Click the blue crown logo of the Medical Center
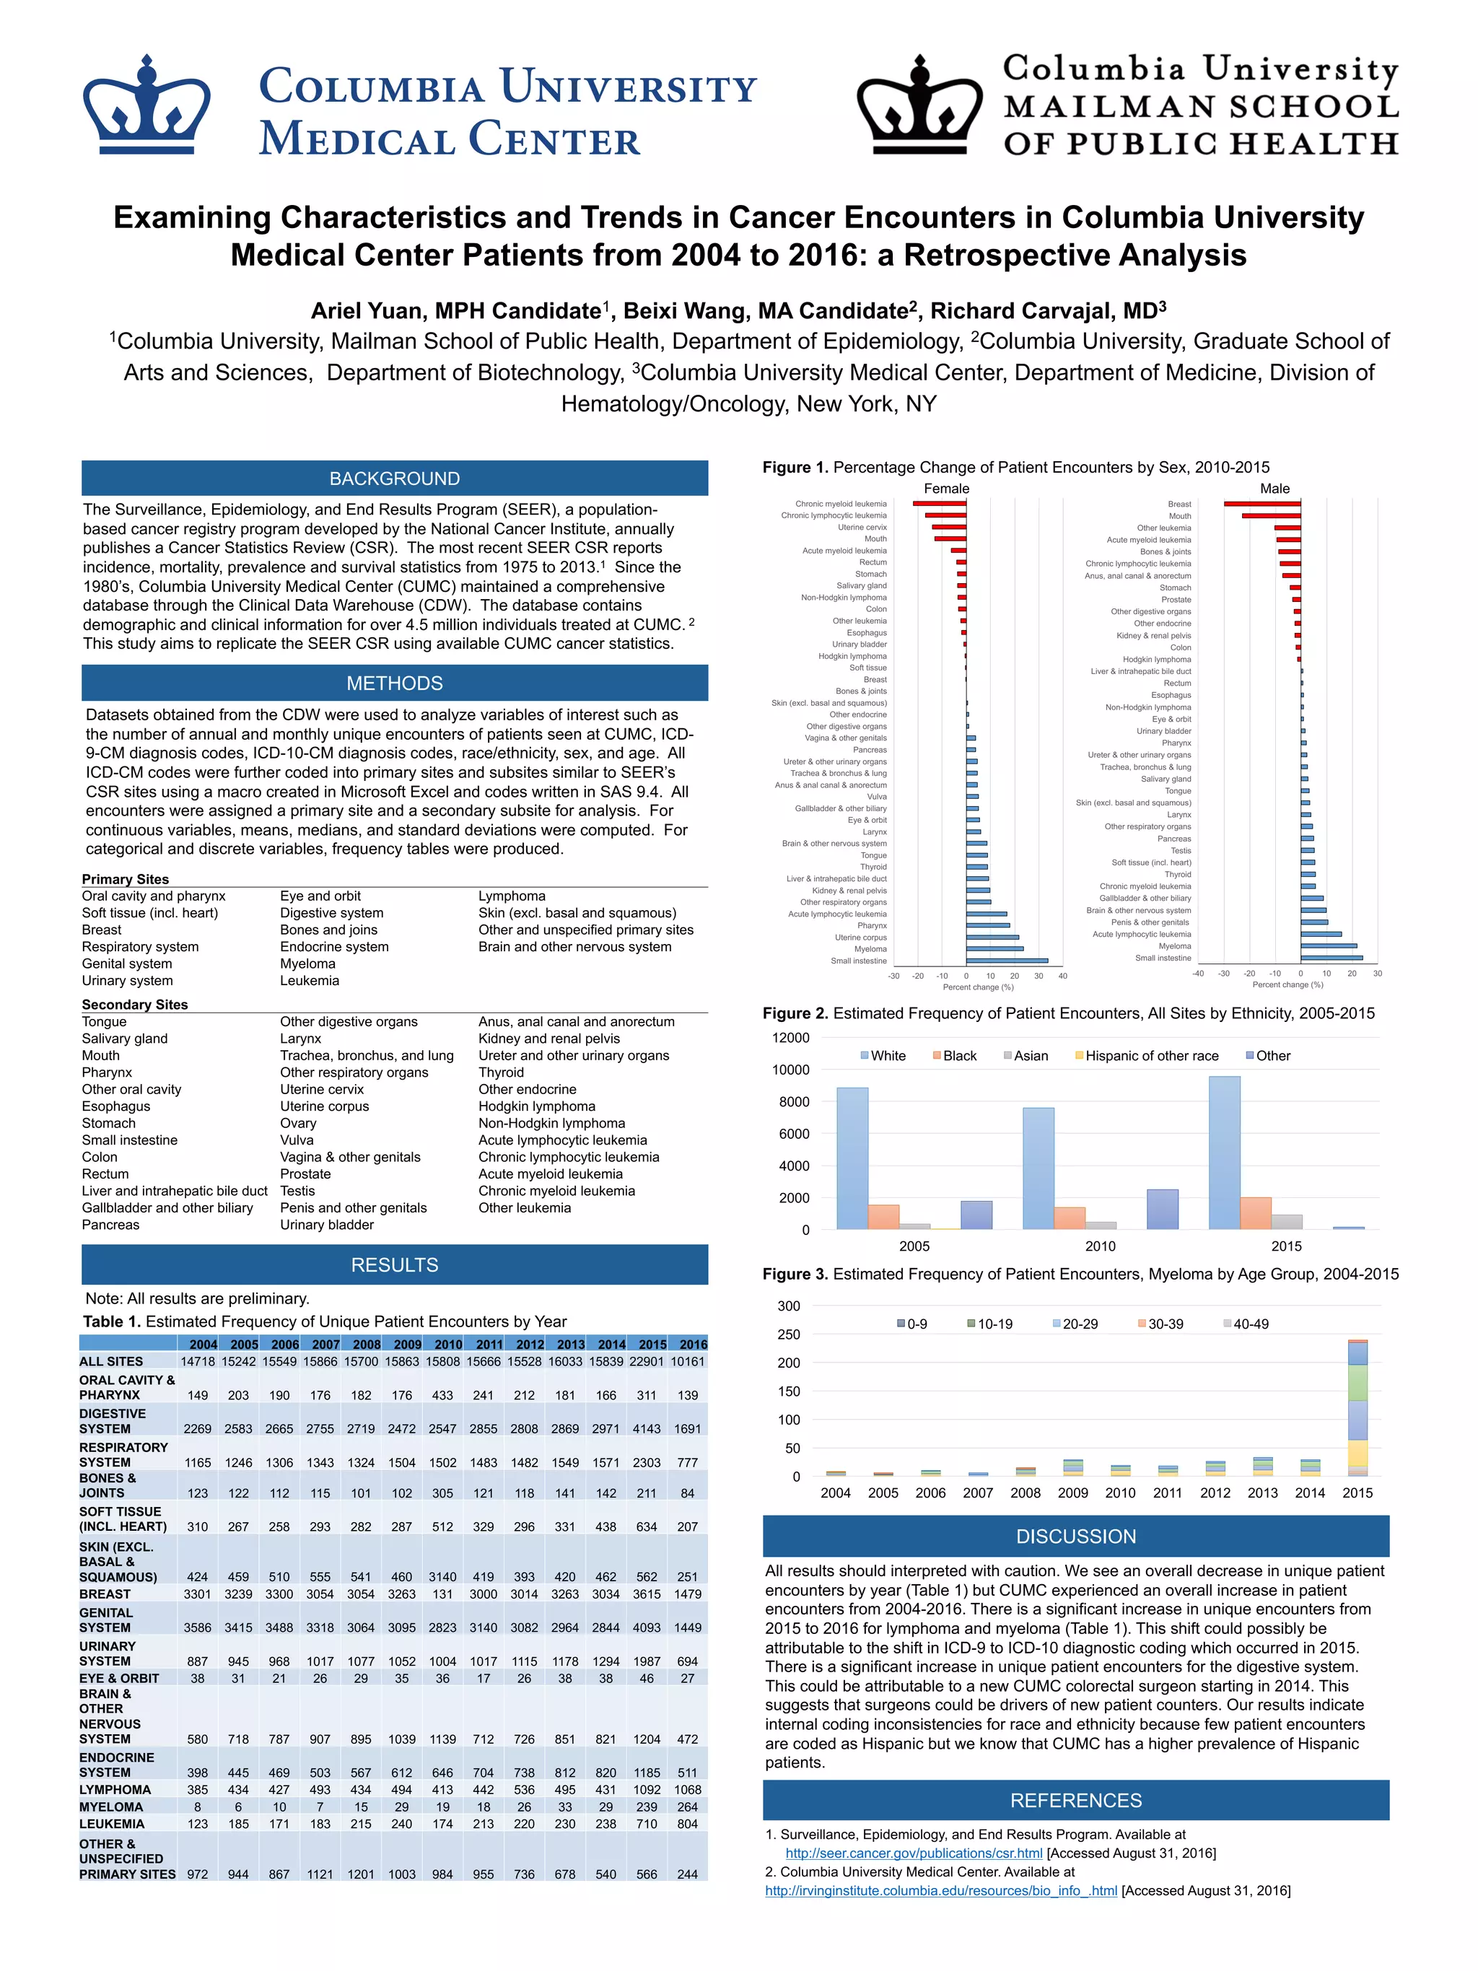146,105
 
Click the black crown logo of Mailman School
919,105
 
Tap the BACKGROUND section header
395,478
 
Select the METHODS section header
395,683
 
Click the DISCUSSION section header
1075,1537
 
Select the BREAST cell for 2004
197,1594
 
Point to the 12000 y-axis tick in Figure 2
790,1038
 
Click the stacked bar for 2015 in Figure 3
1357,1408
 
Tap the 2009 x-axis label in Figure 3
1072,1493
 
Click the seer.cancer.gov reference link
913,1853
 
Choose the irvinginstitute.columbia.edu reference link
941,1890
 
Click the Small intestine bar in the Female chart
1007,961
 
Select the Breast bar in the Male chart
1261,504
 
